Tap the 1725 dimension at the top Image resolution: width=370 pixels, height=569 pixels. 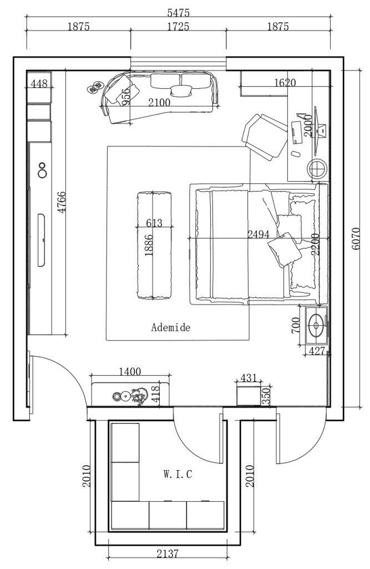pos(178,27)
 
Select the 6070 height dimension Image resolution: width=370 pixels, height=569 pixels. pos(357,239)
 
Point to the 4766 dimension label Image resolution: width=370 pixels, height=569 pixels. pos(61,203)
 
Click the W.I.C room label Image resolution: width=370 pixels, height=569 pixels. pos(178,475)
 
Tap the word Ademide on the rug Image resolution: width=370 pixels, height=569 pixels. pos(171,328)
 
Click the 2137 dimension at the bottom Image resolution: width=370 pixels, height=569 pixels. pos(168,553)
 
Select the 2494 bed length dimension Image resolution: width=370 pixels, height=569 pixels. pos(258,234)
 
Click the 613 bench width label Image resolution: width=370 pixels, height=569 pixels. pos(154,223)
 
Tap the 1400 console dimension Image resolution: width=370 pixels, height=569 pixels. pos(130,371)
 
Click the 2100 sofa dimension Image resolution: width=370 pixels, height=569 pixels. pos(159,102)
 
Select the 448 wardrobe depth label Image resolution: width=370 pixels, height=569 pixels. pos(39,84)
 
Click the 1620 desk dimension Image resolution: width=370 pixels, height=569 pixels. pos(285,83)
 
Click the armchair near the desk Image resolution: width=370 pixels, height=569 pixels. pos(264,136)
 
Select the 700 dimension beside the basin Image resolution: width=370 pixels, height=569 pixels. pos(296,325)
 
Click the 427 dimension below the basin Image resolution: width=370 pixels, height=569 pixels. pos(316,351)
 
